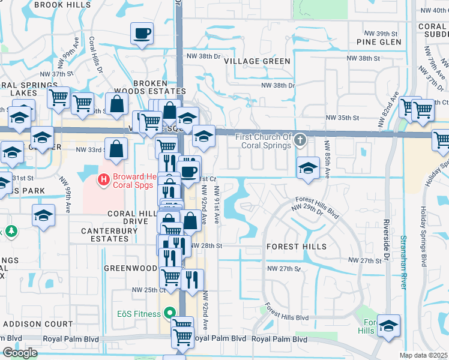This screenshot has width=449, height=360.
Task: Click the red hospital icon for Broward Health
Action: click(103, 179)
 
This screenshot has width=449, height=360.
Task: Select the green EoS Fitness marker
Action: click(169, 313)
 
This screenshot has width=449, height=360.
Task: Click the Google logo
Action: click(20, 352)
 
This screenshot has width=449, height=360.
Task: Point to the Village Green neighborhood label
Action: click(257, 61)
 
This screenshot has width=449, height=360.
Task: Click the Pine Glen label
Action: click(379, 43)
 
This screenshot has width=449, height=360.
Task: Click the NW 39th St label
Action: click(382, 33)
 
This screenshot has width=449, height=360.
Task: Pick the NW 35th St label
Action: click(342, 118)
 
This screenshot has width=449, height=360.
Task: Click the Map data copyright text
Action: click(423, 355)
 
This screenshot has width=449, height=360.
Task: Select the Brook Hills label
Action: click(63, 4)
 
